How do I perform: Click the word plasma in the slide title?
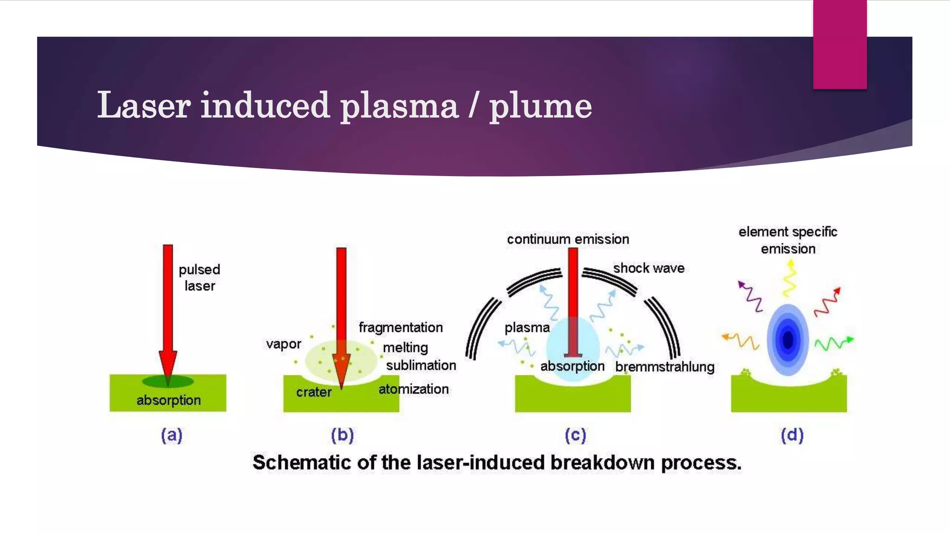click(399, 106)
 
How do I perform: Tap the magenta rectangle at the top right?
click(840, 44)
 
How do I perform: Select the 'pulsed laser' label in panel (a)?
click(199, 277)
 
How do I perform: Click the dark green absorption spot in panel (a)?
click(168, 381)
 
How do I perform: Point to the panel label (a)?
click(172, 435)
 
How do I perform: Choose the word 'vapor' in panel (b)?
click(283, 344)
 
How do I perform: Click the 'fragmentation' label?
click(401, 327)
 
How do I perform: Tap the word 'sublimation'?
click(421, 365)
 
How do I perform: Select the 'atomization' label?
click(413, 389)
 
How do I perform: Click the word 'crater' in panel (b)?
click(314, 392)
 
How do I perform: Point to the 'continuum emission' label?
click(568, 239)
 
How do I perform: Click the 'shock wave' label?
click(648, 268)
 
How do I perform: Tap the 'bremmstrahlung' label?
click(664, 367)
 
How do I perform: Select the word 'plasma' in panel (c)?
click(527, 328)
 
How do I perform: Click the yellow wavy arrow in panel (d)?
click(790, 278)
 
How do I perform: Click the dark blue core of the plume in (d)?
click(788, 339)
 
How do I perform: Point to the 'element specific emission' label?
click(788, 240)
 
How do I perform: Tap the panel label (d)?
click(792, 435)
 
